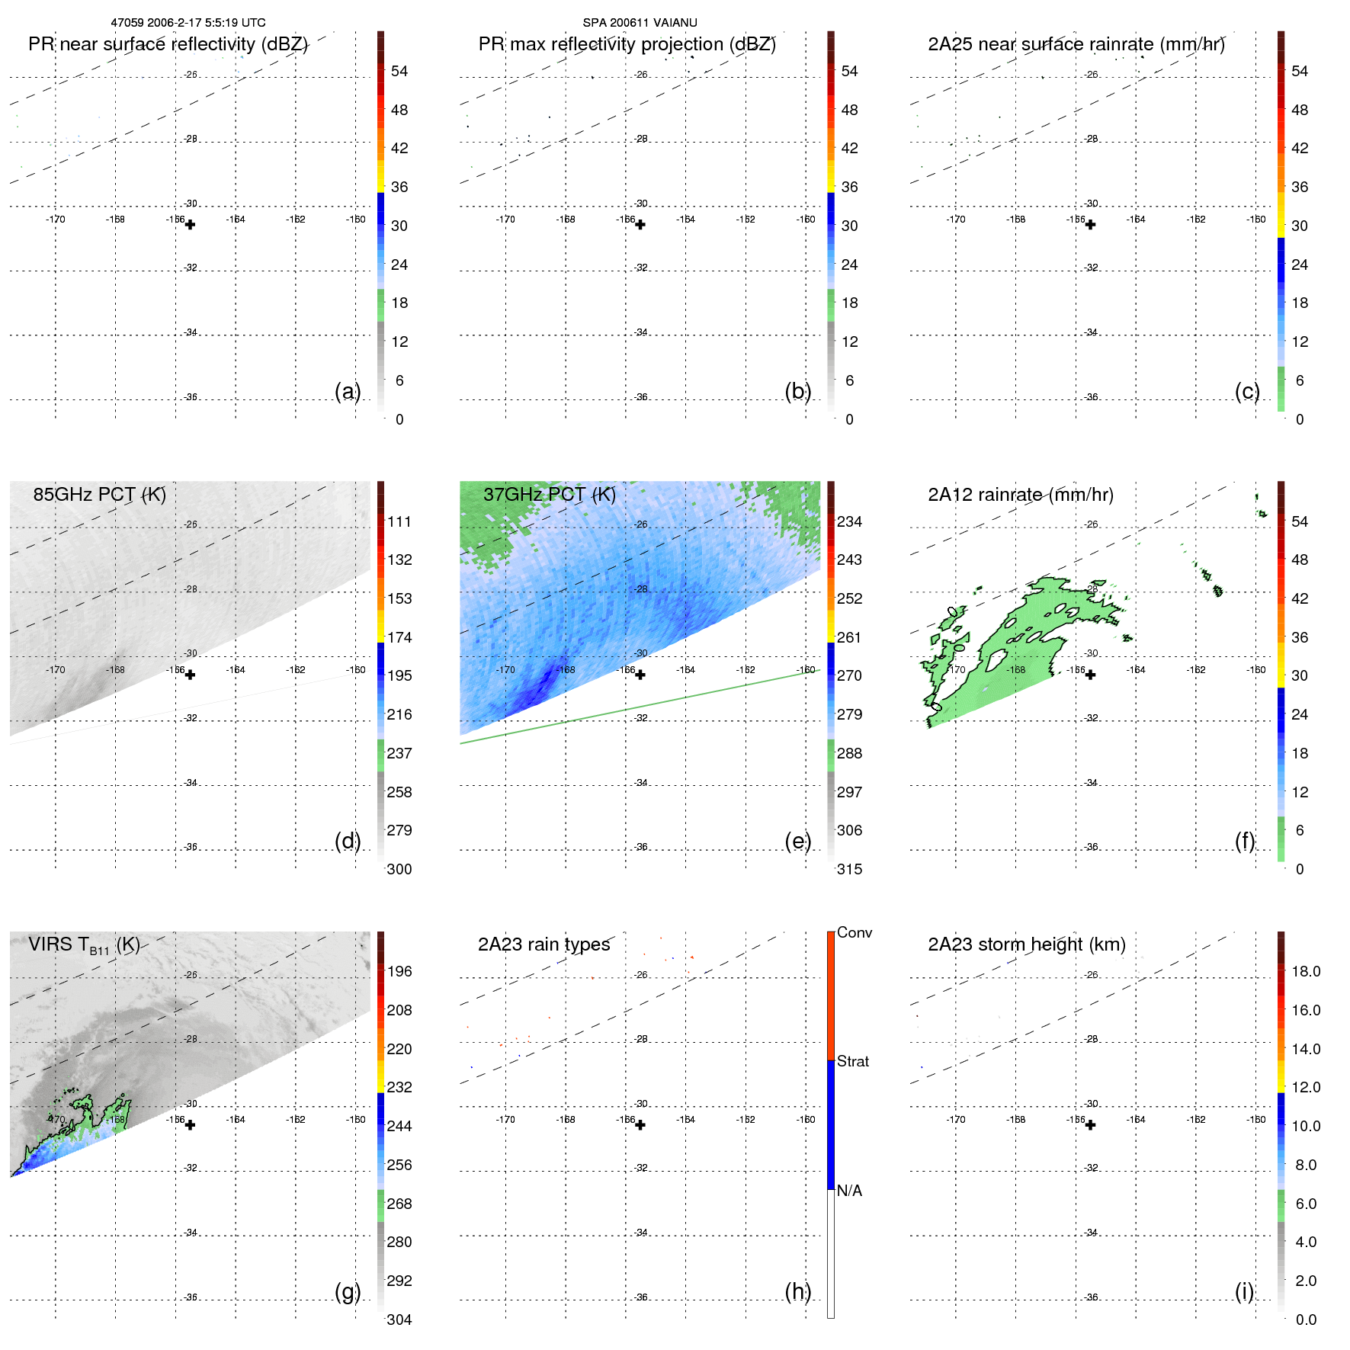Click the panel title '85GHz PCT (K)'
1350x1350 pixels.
tap(99, 495)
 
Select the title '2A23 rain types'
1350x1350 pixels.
tap(544, 944)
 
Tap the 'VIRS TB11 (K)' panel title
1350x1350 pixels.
tap(84, 945)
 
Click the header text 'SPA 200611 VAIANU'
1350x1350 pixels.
tap(640, 23)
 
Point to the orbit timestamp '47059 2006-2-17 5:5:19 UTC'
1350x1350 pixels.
tap(188, 23)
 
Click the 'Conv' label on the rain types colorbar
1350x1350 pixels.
tap(854, 933)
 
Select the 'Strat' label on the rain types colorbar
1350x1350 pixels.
tap(852, 1062)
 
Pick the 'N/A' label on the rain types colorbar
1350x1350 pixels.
tap(849, 1191)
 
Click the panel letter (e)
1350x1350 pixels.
tap(797, 842)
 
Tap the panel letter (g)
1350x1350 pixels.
tap(348, 1291)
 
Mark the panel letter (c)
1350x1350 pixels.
tap(1247, 392)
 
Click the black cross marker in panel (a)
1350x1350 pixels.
tap(190, 225)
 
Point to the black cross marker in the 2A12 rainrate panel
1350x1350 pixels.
tap(1090, 675)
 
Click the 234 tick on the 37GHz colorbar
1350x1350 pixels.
tap(849, 522)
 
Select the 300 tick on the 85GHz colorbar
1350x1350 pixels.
tap(399, 869)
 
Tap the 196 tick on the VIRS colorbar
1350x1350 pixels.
tap(399, 972)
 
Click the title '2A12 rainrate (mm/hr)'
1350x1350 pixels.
tap(1020, 495)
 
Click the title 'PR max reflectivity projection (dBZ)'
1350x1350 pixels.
tap(627, 44)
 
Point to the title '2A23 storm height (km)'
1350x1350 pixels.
tap(1026, 944)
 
